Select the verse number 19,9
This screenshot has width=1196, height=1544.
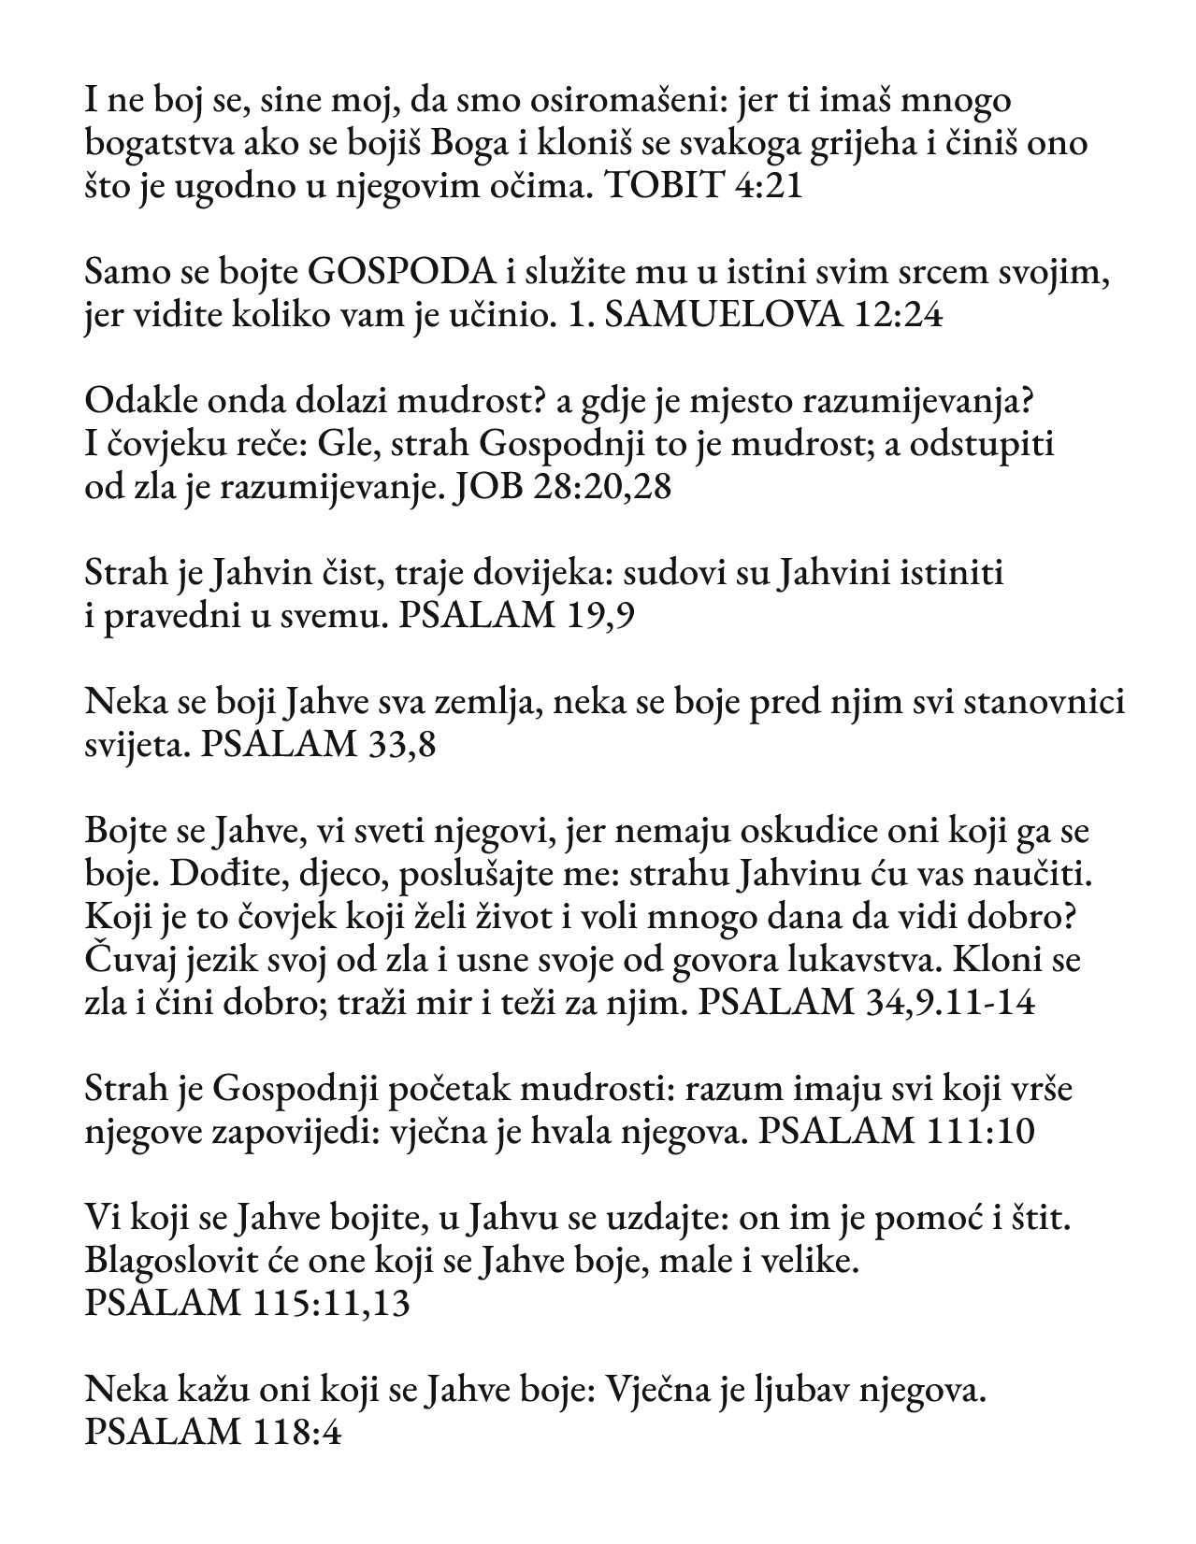click(x=599, y=617)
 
